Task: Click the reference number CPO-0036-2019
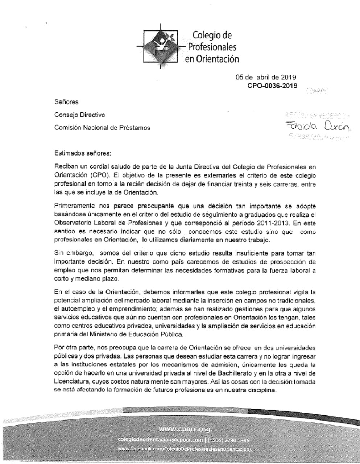tap(272, 86)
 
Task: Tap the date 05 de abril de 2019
tap(266, 77)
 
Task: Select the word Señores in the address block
tap(66, 102)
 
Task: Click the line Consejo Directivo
tap(80, 115)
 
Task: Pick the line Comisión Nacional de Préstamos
tap(102, 128)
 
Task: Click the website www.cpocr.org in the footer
tap(185, 430)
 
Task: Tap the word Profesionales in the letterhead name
tap(212, 47)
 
